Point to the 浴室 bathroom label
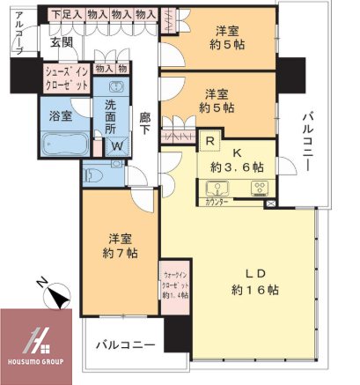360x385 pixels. pyautogui.click(x=60, y=114)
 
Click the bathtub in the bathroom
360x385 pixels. pyautogui.click(x=60, y=142)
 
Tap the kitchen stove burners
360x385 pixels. pyautogui.click(x=261, y=187)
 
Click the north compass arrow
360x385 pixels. pyautogui.click(x=58, y=297)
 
